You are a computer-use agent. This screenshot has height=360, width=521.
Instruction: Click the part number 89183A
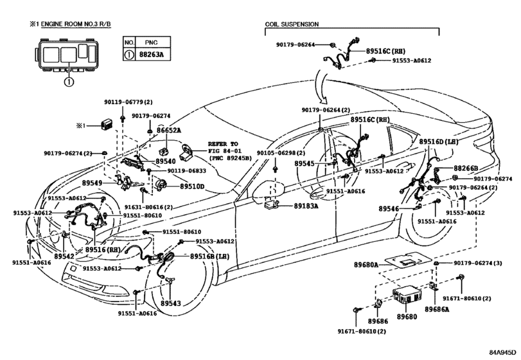tap(306, 206)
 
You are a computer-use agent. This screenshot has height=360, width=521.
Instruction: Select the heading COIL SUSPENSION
tap(292, 24)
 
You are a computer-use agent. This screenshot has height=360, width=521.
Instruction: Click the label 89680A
tap(366, 265)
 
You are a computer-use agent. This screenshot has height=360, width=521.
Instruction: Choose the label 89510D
tap(192, 186)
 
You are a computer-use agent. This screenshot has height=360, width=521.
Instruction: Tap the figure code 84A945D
tap(503, 352)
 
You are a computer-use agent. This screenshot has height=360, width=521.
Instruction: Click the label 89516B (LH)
tap(209, 256)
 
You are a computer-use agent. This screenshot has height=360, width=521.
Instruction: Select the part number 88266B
tap(466, 168)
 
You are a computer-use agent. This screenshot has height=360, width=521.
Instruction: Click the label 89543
tap(171, 303)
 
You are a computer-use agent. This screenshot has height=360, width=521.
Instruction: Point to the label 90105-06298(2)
tap(281, 153)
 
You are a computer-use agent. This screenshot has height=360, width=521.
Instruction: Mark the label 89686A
tap(437, 309)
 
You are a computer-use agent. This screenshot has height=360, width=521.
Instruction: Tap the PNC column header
tap(151, 42)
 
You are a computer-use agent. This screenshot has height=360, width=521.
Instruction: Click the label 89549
tap(92, 183)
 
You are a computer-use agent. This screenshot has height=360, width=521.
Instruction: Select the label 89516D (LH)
tap(439, 142)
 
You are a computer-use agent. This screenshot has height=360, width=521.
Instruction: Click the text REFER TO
tap(223, 144)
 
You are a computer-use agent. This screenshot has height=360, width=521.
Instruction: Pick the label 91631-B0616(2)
tap(149, 207)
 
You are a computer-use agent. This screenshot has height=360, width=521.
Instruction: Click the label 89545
tap(305, 163)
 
